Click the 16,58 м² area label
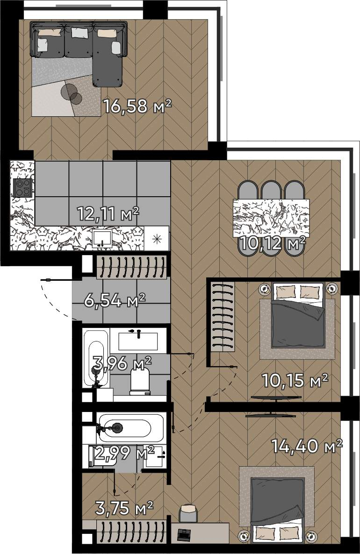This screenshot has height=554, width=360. [137, 106]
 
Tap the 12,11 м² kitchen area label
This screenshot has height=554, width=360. [108, 213]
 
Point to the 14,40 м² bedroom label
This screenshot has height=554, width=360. [307, 446]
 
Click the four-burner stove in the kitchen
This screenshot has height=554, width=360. [22, 187]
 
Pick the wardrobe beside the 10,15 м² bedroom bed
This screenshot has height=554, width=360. [223, 316]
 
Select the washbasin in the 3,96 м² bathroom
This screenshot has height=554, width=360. [138, 341]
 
